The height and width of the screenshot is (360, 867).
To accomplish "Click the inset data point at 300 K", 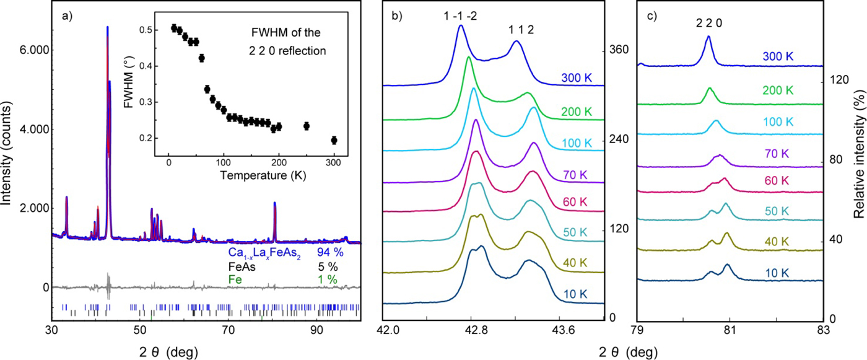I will [334, 140].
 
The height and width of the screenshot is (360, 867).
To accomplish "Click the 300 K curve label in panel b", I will [578, 79].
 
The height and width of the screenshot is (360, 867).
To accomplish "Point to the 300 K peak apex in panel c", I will [708, 37].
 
